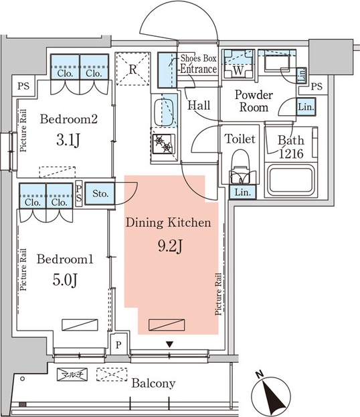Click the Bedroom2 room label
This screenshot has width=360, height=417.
(x=69, y=119)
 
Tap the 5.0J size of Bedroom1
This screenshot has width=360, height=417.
(x=65, y=280)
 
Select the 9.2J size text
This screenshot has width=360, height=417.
(x=170, y=246)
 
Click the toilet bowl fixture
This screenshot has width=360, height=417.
(x=240, y=167)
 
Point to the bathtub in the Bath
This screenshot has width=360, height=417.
(x=291, y=180)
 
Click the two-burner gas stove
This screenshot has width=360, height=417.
(x=163, y=144)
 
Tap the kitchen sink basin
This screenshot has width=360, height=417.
(x=164, y=112)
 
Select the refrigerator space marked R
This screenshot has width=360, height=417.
(x=132, y=69)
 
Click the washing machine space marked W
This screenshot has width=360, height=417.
(x=238, y=64)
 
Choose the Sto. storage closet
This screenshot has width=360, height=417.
(x=100, y=193)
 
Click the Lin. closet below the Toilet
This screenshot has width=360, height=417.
(x=242, y=192)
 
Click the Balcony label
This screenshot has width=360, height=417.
(x=153, y=384)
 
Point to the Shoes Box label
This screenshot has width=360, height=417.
(x=198, y=58)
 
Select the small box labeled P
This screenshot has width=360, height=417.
(x=118, y=345)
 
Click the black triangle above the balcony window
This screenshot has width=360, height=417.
(x=170, y=345)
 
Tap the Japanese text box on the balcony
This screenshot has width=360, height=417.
(x=72, y=375)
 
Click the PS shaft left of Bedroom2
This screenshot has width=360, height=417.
(x=23, y=86)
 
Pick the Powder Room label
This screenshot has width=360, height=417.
(x=254, y=101)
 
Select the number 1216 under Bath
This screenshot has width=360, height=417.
(x=291, y=153)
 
